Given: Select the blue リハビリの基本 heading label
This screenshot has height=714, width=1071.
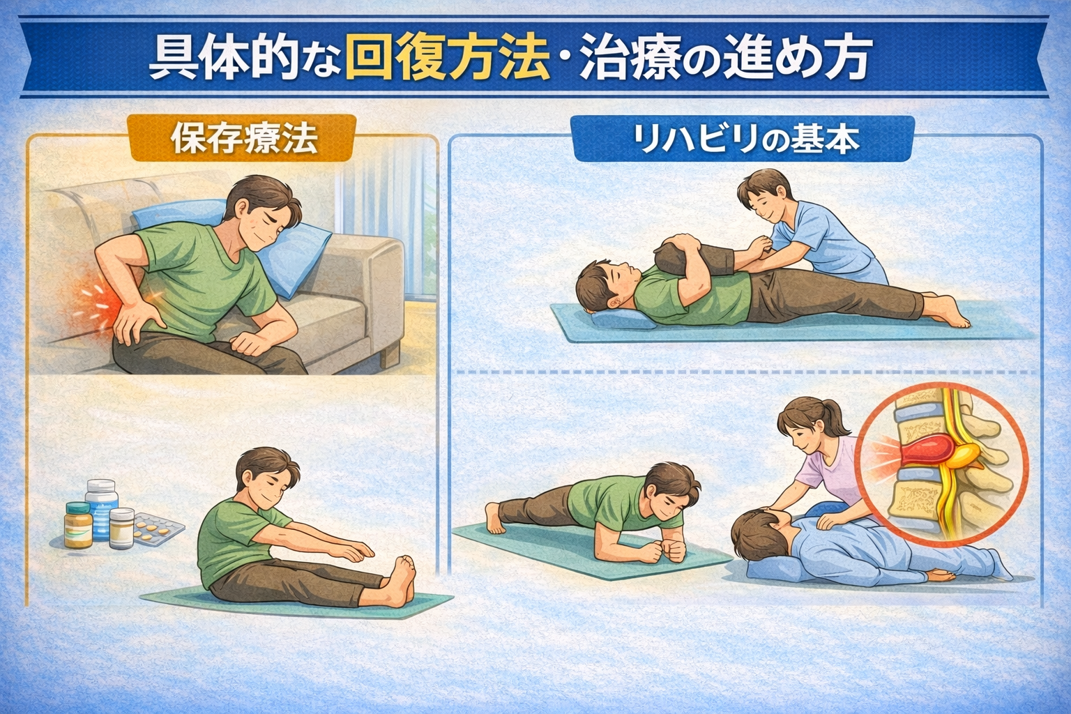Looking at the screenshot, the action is pos(743,139).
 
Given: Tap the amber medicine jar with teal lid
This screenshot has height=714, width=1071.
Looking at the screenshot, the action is pos(78,525).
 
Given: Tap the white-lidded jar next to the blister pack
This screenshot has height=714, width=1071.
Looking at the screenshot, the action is pos(121,528).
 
